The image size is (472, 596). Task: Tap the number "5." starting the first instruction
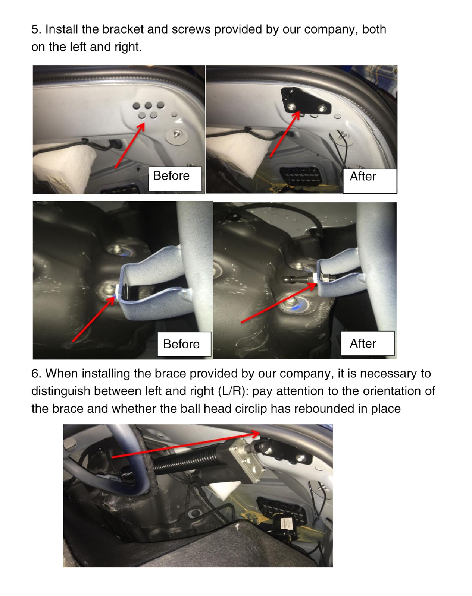click(x=36, y=29)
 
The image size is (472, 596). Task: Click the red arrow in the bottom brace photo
click(x=186, y=445)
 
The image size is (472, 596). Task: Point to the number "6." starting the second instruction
click(x=36, y=374)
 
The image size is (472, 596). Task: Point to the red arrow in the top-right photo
click(x=285, y=134)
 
